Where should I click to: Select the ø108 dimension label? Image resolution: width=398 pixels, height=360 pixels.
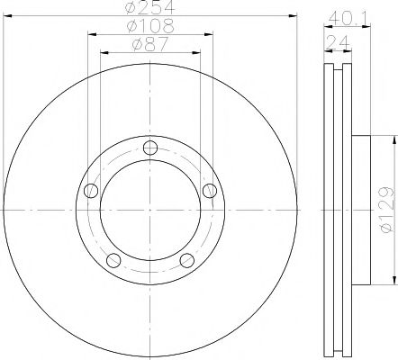tap(149, 26)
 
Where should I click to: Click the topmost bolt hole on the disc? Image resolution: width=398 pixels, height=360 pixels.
tap(150, 148)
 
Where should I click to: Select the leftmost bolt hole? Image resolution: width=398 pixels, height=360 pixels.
tap(89, 191)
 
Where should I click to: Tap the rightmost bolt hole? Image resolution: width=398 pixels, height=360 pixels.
tap(211, 190)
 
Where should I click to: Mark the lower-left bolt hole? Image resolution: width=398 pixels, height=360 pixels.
tap(113, 261)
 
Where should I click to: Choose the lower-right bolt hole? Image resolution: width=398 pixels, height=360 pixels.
tap(186, 261)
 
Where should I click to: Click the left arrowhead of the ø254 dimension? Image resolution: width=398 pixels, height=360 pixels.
tap(10, 14)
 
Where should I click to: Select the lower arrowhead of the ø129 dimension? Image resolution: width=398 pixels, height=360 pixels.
tap(393, 280)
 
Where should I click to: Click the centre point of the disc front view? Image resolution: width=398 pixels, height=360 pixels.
tap(149, 210)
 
